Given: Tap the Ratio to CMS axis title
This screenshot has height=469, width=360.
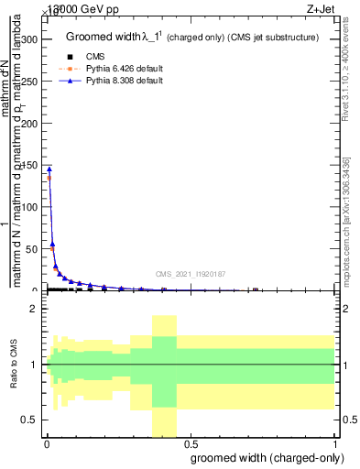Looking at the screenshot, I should tap(14, 364).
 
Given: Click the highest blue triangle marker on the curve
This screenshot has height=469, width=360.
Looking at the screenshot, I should tap(49, 169).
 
